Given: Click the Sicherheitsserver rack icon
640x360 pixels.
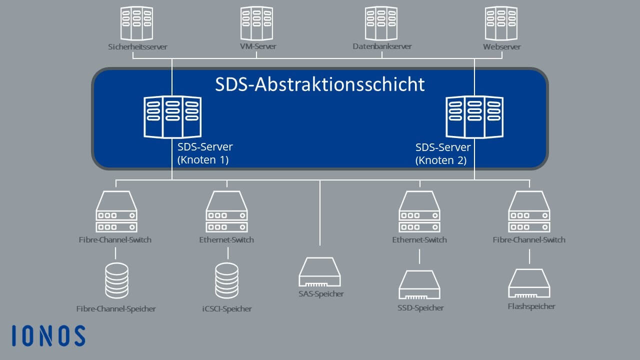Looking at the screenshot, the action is tap(136, 23).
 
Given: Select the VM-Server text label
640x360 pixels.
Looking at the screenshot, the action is tap(258, 46).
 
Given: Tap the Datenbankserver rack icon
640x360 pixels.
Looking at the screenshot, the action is tap(381, 23).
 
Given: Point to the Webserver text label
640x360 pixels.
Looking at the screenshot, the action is tap(501, 46).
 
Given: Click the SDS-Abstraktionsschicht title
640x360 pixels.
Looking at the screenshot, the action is tap(319, 84).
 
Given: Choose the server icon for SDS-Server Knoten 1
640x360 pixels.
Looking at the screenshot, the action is tap(172, 117).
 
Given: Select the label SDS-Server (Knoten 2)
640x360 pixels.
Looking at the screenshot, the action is tap(443, 153).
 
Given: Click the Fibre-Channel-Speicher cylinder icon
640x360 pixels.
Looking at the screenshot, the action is tap(116, 280).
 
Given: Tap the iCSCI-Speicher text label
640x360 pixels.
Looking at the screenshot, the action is tap(227, 309).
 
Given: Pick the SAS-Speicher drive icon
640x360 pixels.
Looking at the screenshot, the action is tap(319, 271).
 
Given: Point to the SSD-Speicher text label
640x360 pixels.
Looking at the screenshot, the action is tap(420, 308).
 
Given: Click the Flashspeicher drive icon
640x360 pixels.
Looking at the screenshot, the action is tap(529, 283).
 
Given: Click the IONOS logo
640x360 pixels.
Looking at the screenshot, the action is tap(48, 335).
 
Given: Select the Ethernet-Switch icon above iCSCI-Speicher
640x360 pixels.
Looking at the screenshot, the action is tap(227, 211).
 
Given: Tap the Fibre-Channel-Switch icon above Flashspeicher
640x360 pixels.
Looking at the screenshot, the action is tap(529, 211).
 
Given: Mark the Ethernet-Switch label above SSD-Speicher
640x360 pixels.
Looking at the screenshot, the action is tap(419, 239).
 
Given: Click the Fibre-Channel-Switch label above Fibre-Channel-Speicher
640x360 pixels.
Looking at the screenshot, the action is tap(115, 239).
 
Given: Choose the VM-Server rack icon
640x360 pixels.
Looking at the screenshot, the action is tap(256, 23).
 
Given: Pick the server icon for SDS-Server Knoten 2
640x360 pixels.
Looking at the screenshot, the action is tap(474, 117).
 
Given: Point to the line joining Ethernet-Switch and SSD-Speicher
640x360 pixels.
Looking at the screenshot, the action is tap(419, 256).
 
